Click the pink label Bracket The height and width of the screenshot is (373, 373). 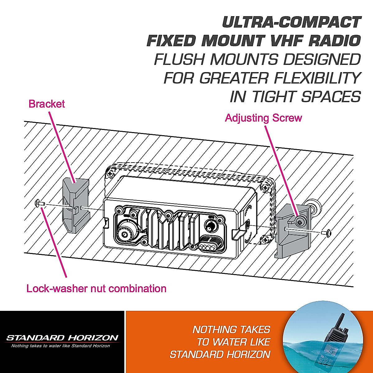coord(47,104)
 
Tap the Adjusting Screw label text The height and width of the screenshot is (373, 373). coord(263,118)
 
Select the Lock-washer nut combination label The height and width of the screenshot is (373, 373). coord(96,288)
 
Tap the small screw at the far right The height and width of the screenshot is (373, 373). coord(328,232)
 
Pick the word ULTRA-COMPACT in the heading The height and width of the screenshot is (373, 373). coord(292,23)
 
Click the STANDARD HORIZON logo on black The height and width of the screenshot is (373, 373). coord(62,338)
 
